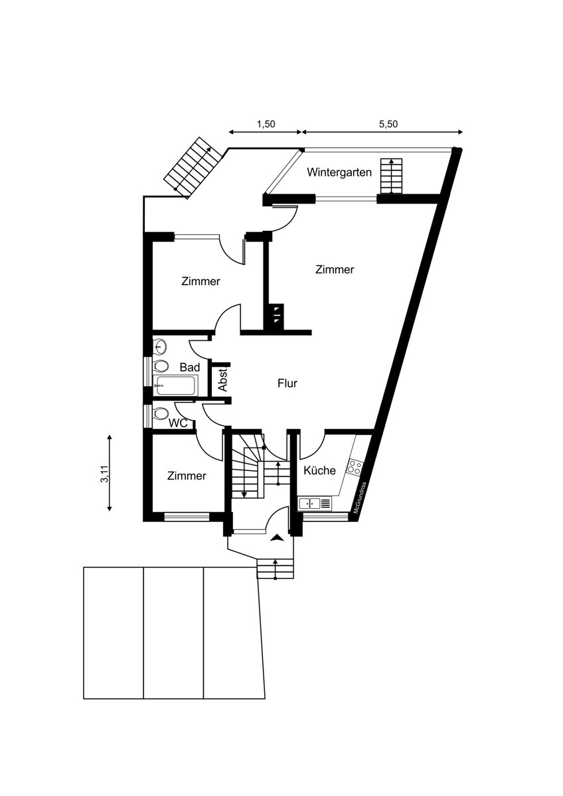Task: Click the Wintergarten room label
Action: point(339,172)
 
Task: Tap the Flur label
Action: point(287,383)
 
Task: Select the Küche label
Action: point(319,470)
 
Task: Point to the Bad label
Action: point(190,367)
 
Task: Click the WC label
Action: point(178,423)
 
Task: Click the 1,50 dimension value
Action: point(266,124)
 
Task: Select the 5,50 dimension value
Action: point(388,124)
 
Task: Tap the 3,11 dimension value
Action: point(104,474)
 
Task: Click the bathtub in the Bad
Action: point(176,385)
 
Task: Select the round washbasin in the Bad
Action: point(160,346)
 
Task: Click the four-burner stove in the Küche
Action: point(355,466)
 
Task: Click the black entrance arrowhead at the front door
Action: point(277,539)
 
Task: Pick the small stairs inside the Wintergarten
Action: point(391,176)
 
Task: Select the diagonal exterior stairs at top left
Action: point(193,166)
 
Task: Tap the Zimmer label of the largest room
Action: point(335,270)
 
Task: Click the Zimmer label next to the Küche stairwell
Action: point(187,476)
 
